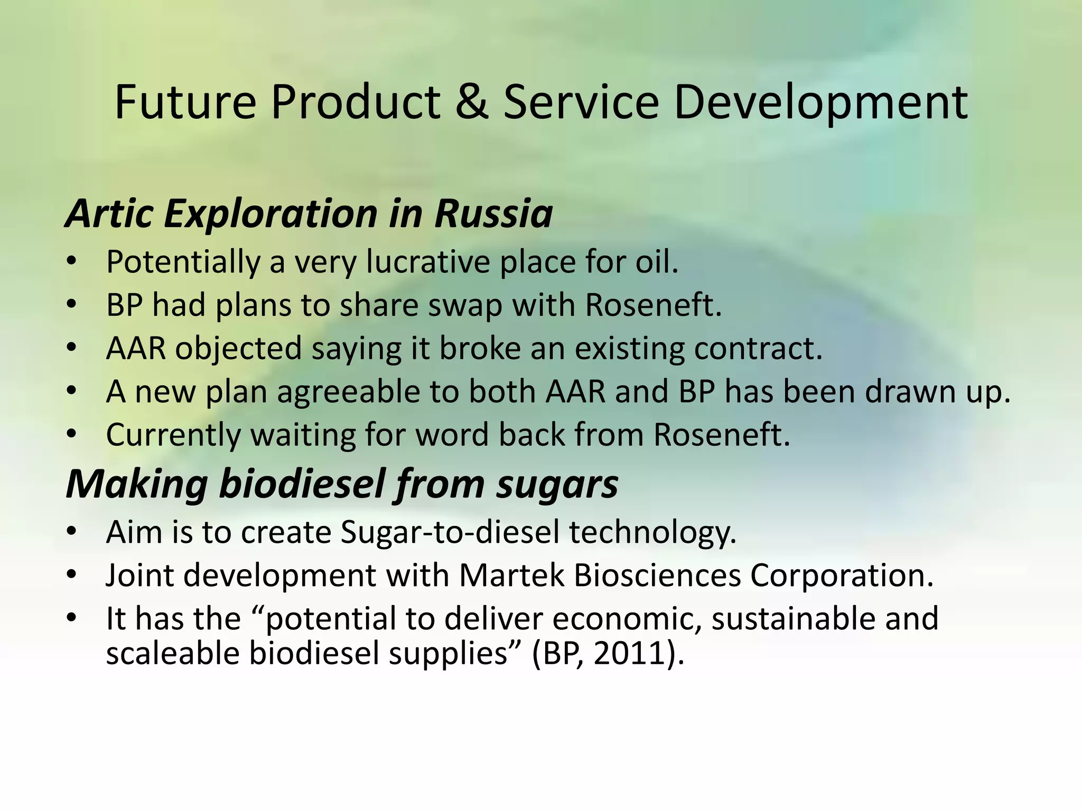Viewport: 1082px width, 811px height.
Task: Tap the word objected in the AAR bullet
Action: pos(238,349)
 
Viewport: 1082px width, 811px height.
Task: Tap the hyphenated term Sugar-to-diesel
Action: pos(449,532)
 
